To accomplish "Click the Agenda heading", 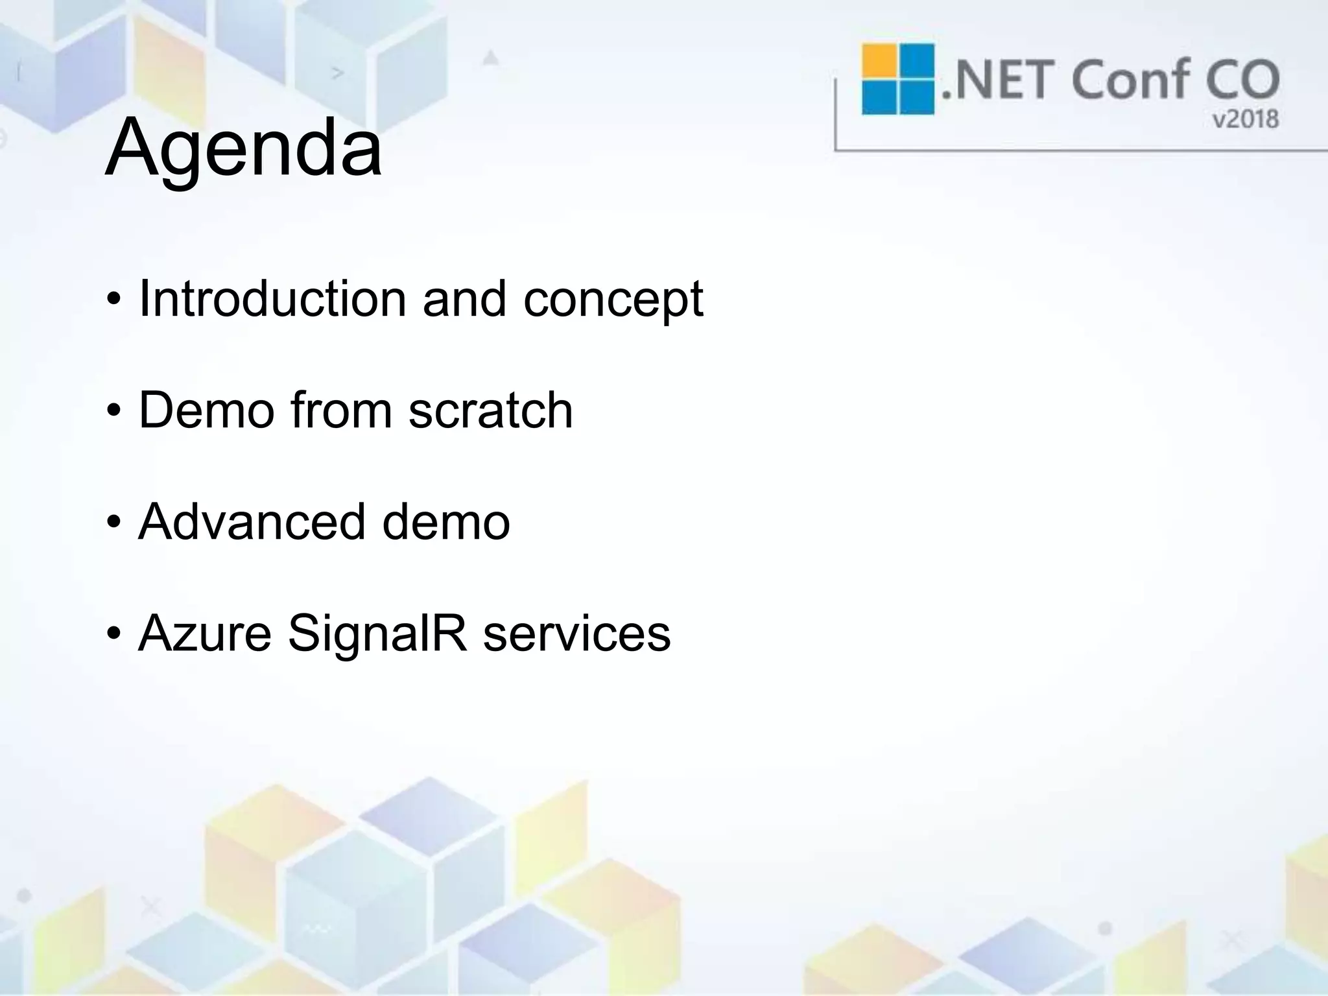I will [x=243, y=148].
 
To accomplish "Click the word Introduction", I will [x=273, y=299].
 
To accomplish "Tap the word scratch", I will [x=491, y=410].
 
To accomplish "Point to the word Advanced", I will [x=252, y=522].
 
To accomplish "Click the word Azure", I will [x=205, y=634].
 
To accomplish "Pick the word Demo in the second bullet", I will [x=206, y=410].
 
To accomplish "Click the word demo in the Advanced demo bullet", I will [x=446, y=522].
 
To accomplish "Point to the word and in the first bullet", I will [x=464, y=299].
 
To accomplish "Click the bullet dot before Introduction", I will [x=114, y=300].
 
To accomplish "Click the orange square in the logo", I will [x=879, y=60].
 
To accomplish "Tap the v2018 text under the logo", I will [x=1245, y=119].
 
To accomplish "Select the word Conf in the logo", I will [x=1129, y=79].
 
